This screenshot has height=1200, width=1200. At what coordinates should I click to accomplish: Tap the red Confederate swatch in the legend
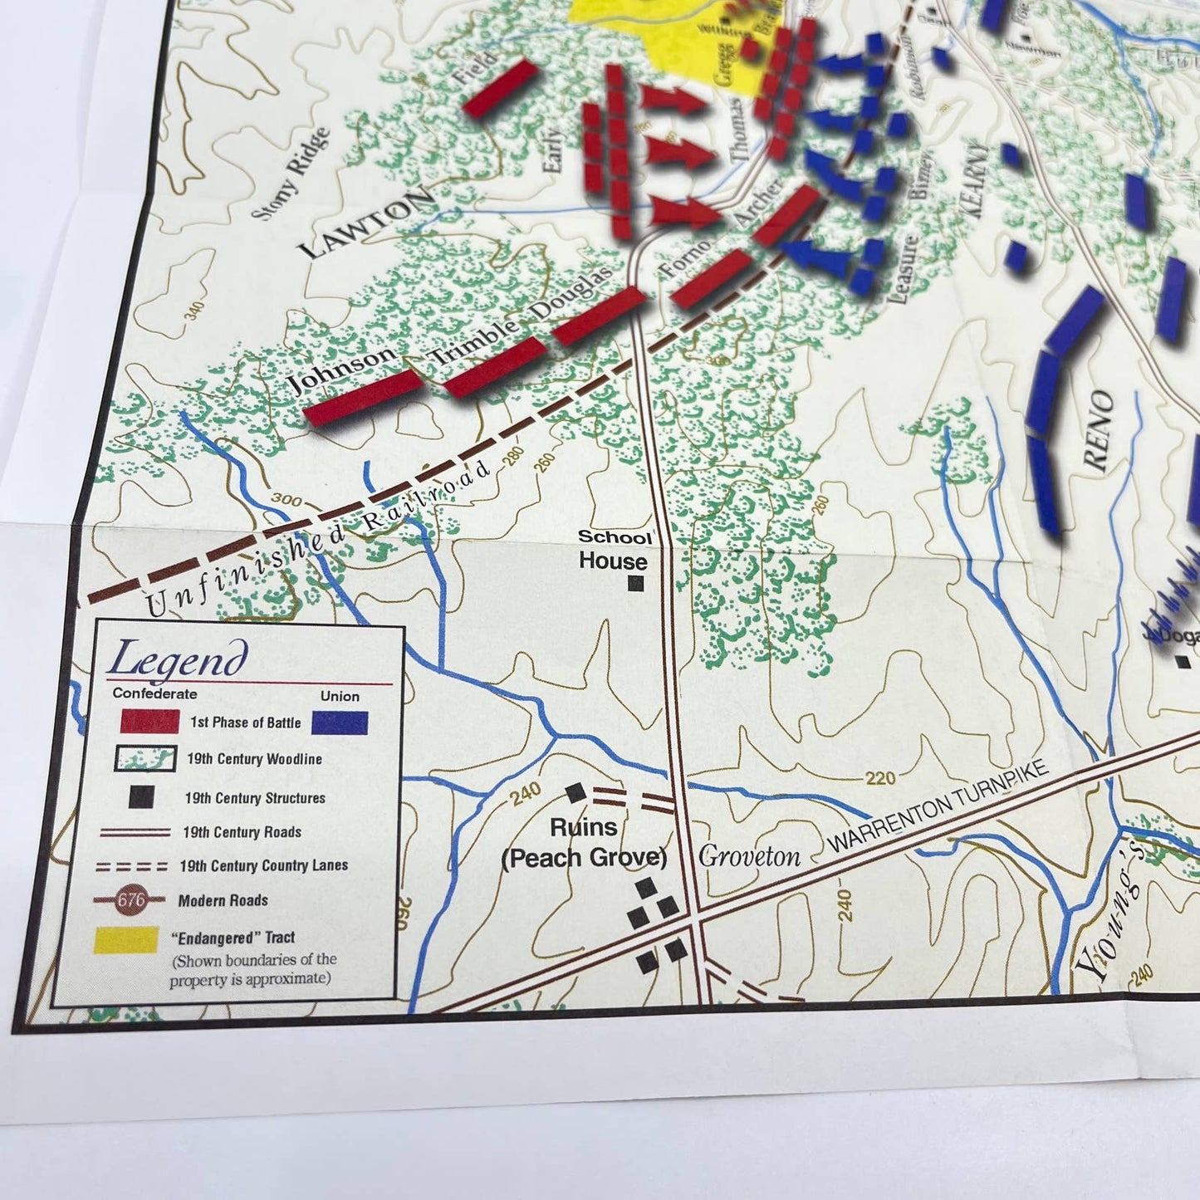tap(149, 721)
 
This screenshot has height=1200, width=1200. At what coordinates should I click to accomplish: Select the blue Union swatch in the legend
tap(340, 722)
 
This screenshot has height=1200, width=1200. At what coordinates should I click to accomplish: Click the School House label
tap(614, 550)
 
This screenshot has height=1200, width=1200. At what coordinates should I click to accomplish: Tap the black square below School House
tap(635, 583)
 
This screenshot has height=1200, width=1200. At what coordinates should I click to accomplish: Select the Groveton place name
tap(749, 856)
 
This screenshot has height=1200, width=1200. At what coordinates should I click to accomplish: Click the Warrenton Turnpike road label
tap(938, 806)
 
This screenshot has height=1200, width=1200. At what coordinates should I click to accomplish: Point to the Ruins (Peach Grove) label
tap(584, 842)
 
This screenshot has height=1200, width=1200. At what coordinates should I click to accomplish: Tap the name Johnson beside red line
tap(340, 369)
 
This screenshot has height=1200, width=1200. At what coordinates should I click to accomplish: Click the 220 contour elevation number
tap(879, 777)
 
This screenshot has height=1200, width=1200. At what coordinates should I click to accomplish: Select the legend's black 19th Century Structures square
tap(141, 796)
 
